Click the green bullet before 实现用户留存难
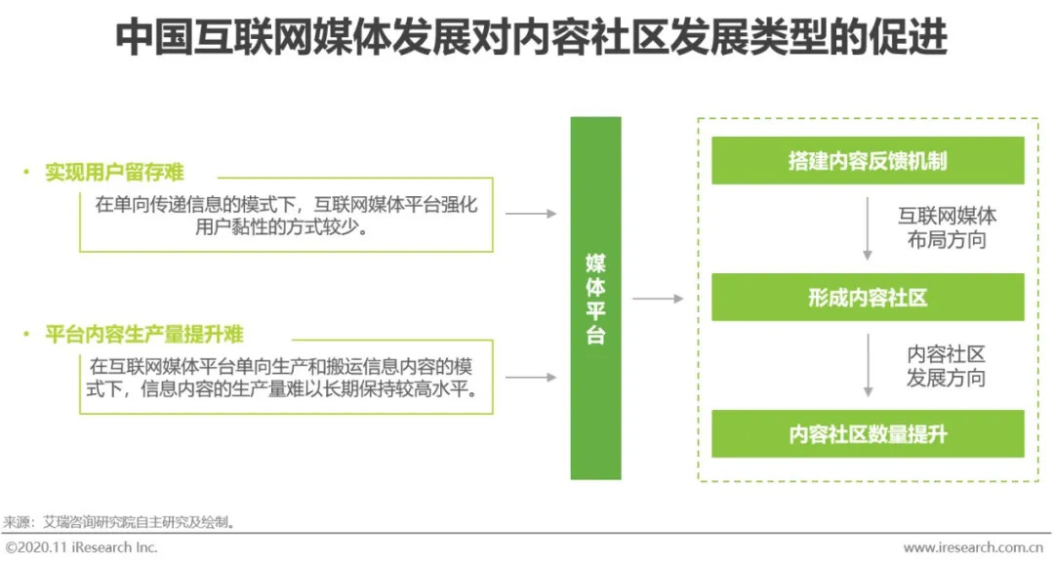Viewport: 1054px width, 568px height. point(27,173)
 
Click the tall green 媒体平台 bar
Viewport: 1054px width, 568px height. point(595,298)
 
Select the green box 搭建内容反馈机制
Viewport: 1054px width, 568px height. point(868,161)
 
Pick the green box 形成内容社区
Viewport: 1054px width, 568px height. point(868,298)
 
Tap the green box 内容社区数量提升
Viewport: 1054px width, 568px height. point(868,434)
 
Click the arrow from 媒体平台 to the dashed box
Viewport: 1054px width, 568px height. point(658,299)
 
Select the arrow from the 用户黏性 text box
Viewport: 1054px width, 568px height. point(531,214)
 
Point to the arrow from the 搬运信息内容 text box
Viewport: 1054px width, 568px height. point(531,377)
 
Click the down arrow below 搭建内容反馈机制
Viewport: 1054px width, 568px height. point(868,228)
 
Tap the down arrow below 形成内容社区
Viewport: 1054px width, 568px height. point(868,366)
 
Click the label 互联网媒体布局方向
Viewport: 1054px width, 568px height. point(947,228)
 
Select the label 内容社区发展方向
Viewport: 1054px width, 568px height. point(946,366)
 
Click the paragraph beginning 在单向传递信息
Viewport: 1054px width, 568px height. point(286,218)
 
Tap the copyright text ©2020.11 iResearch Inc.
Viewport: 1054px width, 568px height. point(82,548)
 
